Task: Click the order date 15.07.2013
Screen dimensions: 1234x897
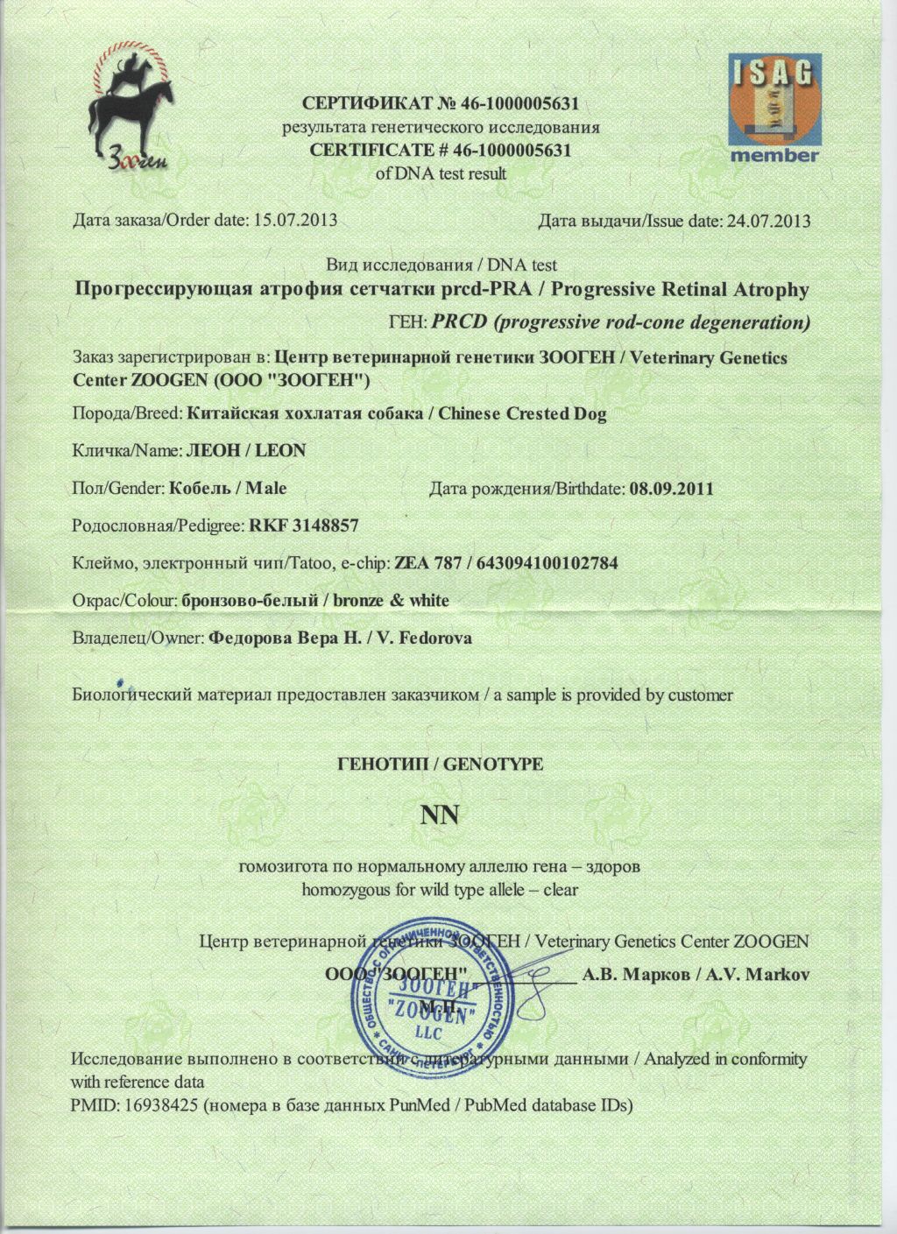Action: tap(295, 220)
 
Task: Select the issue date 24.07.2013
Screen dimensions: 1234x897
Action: tap(768, 220)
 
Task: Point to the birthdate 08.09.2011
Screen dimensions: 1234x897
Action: tap(670, 488)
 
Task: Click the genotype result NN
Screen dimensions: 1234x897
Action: tap(440, 816)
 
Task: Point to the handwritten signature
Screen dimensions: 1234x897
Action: tap(534, 975)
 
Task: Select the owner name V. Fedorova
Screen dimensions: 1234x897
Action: tap(423, 638)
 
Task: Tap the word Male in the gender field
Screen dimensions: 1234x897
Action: tap(265, 488)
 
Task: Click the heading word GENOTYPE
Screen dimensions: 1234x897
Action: tap(494, 763)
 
